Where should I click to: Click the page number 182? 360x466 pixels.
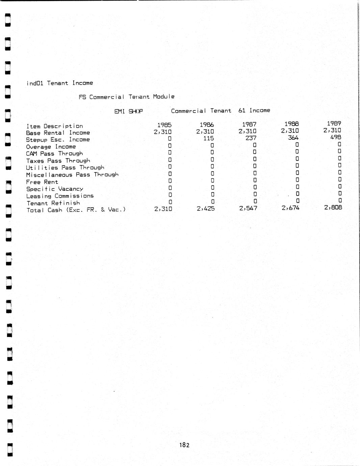click(x=184, y=445)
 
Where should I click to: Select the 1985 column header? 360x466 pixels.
click(x=164, y=125)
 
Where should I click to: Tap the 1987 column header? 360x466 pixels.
click(x=249, y=124)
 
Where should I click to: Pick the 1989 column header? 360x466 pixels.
click(x=334, y=124)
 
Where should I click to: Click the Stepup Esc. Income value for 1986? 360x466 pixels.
click(x=208, y=138)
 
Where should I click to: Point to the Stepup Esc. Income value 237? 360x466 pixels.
click(x=251, y=138)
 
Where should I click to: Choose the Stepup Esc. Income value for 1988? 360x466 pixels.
click(x=293, y=137)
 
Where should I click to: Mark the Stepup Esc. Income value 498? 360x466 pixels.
click(x=336, y=137)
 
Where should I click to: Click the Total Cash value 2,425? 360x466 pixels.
click(x=206, y=209)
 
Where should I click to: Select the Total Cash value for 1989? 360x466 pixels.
click(x=333, y=207)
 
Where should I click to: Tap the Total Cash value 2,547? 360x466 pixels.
click(x=248, y=208)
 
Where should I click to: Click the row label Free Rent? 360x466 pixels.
click(x=42, y=182)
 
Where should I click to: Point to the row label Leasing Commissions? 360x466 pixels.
click(x=60, y=196)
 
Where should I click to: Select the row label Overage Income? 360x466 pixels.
click(x=51, y=147)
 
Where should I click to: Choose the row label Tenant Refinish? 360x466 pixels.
click(x=53, y=203)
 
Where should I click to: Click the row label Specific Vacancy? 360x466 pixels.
click(x=55, y=189)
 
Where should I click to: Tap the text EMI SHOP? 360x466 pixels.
click(x=129, y=111)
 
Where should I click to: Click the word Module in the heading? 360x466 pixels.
click(x=164, y=97)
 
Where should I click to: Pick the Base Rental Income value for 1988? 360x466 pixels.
click(x=290, y=131)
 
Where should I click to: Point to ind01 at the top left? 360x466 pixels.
click(x=35, y=83)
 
